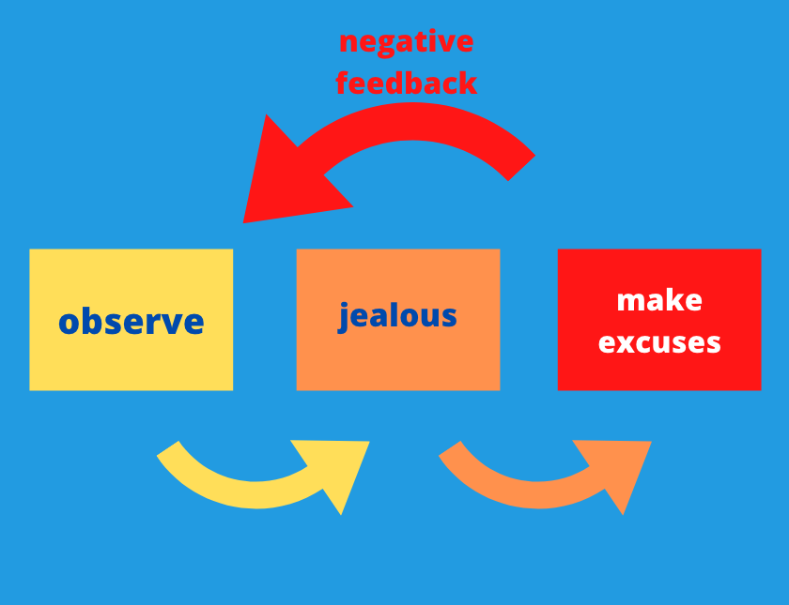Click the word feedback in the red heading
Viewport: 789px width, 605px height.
pos(407,82)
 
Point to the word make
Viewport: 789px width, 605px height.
pos(659,300)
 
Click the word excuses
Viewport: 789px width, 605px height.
pos(659,342)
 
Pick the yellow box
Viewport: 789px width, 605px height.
pos(131,320)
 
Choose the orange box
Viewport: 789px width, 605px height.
pos(398,320)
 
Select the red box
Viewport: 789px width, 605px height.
pos(659,320)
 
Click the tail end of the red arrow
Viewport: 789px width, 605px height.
pos(521,168)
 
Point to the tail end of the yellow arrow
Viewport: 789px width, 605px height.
pos(168,448)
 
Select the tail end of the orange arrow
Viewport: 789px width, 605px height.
pos(450,448)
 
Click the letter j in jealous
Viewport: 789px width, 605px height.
pos(344,317)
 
